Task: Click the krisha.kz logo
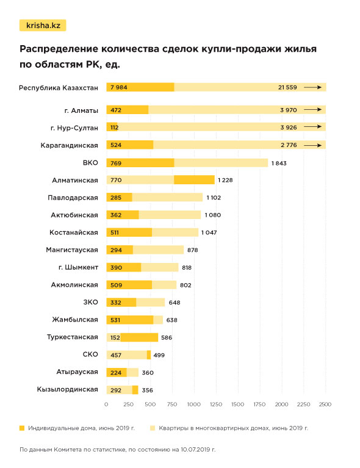coord(43,26)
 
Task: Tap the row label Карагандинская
coord(69,145)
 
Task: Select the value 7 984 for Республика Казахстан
coord(119,87)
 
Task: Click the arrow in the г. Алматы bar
coord(312,110)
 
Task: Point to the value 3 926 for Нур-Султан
coord(289,128)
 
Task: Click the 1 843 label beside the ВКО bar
coord(279,164)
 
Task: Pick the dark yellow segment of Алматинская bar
coord(194,180)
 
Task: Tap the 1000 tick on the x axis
coord(194,404)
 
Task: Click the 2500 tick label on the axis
coord(325,404)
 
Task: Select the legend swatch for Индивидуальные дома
coord(22,428)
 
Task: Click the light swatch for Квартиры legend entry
coord(153,428)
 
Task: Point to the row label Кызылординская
coord(68,389)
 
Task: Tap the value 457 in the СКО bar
coord(116,355)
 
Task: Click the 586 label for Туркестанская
coord(167,337)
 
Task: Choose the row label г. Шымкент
coord(78,267)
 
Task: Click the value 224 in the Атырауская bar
coord(116,372)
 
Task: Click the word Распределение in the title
coord(58,49)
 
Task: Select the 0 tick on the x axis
coord(106,404)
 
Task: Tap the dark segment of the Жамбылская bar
coord(130,320)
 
